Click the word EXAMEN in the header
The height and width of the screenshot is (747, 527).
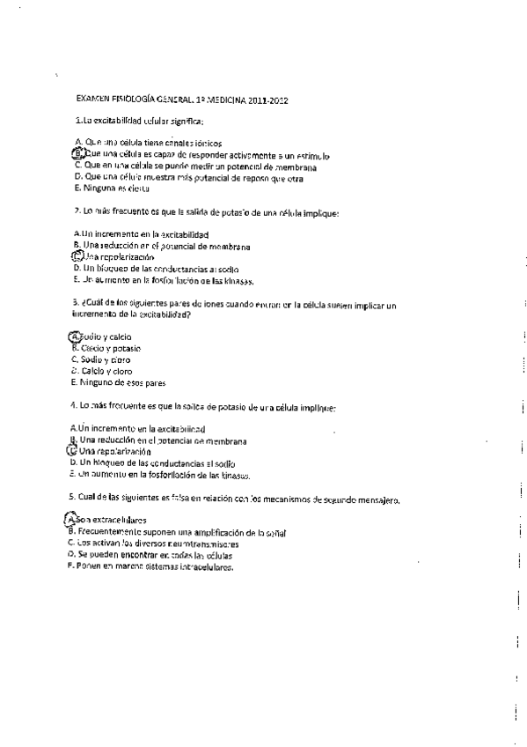(x=94, y=100)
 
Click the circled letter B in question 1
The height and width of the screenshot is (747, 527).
(x=77, y=153)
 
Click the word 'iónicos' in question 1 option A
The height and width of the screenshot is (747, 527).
(x=205, y=142)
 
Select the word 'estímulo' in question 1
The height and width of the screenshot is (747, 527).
(x=311, y=153)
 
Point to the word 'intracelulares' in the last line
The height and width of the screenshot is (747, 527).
(x=203, y=567)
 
